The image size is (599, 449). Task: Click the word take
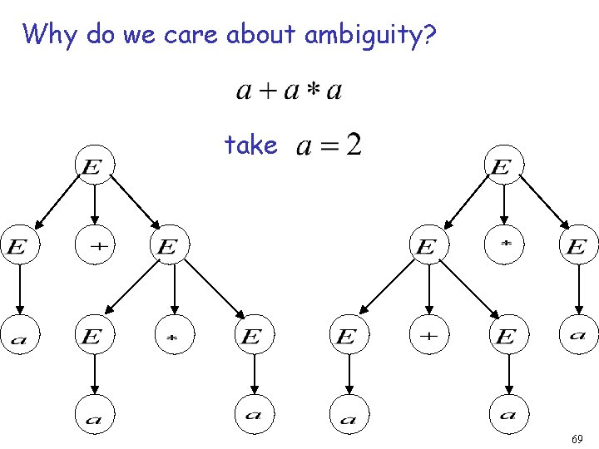pyautogui.click(x=250, y=146)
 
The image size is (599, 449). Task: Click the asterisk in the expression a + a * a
pyautogui.click(x=313, y=90)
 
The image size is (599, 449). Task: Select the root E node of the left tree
pyautogui.click(x=93, y=167)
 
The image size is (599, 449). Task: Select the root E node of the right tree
pyautogui.click(x=502, y=167)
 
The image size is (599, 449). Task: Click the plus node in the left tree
pyautogui.click(x=95, y=246)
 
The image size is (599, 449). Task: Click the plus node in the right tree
pyautogui.click(x=428, y=336)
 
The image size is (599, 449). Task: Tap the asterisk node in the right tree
pyautogui.click(x=504, y=246)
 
